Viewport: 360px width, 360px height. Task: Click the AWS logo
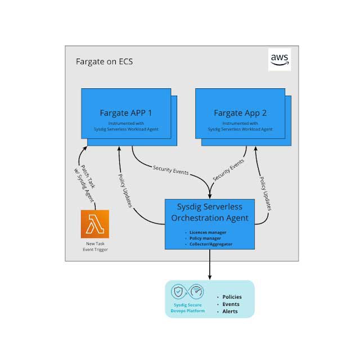click(x=279, y=59)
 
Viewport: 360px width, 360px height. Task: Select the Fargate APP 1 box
click(x=127, y=115)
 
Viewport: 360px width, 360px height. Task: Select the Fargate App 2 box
click(x=240, y=115)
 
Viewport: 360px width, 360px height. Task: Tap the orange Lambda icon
click(x=94, y=223)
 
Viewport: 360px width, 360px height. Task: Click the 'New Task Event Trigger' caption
click(x=94, y=246)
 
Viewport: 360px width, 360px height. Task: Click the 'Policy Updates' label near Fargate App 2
click(x=265, y=192)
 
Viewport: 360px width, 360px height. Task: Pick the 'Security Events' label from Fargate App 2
click(x=229, y=170)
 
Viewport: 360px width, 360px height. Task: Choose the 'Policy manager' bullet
click(x=206, y=238)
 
